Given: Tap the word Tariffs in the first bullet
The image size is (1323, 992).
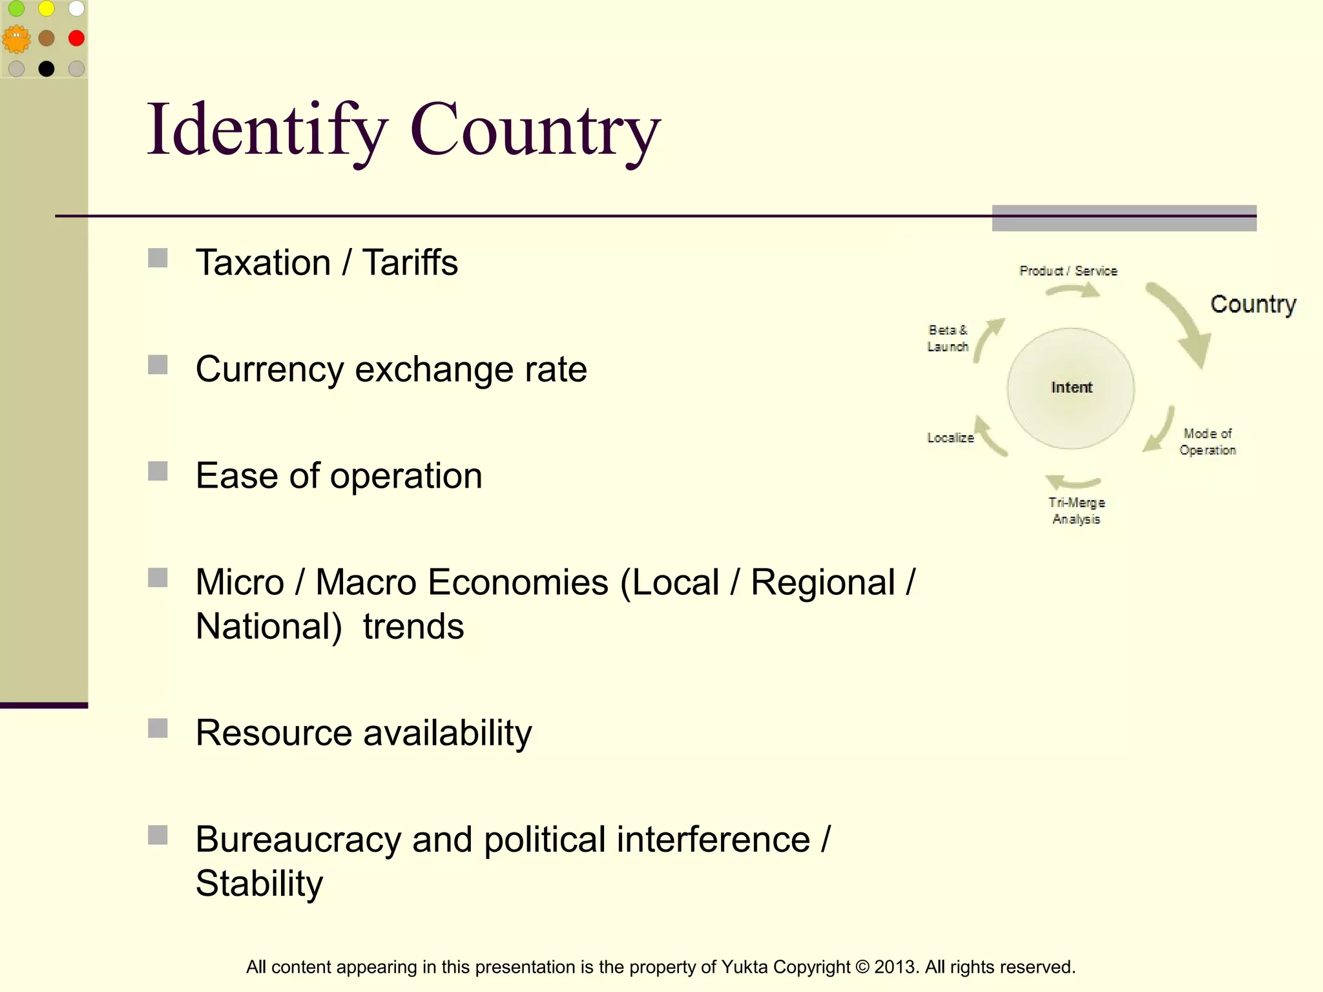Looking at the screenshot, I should (x=410, y=263).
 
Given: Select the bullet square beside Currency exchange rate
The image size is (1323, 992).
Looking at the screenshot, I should (x=158, y=365).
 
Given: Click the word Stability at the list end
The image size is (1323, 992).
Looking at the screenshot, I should (x=259, y=883).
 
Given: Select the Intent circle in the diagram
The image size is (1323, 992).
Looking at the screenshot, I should (x=1071, y=387).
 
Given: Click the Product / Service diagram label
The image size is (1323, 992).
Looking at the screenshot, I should (x=1068, y=271).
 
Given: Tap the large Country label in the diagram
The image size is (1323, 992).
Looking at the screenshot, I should (x=1253, y=304).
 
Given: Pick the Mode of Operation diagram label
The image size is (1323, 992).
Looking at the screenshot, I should (x=1207, y=442).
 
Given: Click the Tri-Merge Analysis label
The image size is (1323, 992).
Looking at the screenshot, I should (x=1076, y=511).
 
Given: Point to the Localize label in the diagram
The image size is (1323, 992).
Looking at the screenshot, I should (x=950, y=438).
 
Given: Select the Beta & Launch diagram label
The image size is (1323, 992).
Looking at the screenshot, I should (x=948, y=338).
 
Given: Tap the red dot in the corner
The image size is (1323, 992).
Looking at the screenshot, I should (x=76, y=38).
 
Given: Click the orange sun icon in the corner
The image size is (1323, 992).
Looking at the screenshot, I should (x=16, y=39).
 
